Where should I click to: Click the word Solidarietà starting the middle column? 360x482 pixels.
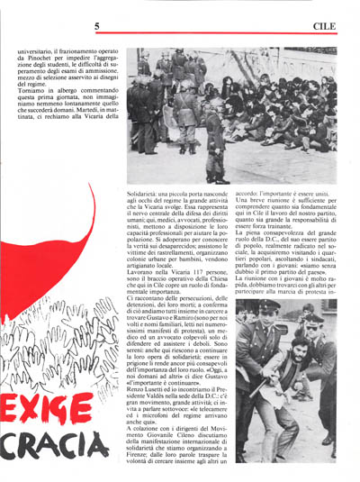point(145,194)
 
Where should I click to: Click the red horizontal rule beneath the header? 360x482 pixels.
point(180,37)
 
